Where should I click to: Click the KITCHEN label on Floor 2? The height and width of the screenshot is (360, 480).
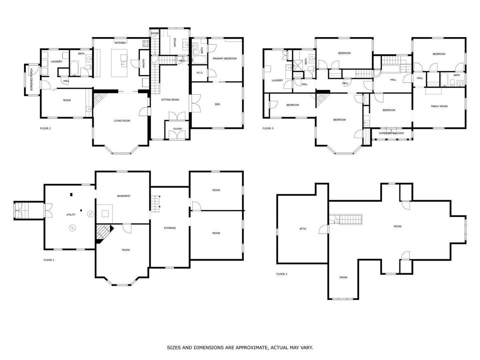coord(119,43)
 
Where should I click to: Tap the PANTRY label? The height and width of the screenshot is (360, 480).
coord(143,62)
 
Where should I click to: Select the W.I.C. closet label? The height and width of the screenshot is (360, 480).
coord(199,72)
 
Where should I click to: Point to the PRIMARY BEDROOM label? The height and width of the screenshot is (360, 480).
coord(225,59)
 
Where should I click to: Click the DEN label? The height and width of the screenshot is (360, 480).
coord(217,104)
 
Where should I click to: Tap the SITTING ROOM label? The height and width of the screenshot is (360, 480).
coord(170,100)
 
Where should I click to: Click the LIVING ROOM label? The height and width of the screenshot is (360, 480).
coord(122,120)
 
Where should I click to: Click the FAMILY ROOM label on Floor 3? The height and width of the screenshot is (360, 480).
coord(439,106)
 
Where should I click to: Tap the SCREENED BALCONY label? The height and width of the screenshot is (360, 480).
coord(391,133)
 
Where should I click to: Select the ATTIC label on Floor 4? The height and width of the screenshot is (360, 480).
coord(303,229)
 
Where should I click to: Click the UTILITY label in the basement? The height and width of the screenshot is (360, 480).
coord(71,214)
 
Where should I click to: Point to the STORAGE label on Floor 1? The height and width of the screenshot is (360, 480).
coord(170,228)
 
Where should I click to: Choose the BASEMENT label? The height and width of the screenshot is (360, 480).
coord(124,196)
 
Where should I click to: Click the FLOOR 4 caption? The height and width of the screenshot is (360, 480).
coord(282,274)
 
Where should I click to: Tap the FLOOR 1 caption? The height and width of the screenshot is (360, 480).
coord(49,260)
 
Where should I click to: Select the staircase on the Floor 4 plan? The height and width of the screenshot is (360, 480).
coord(346,219)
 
